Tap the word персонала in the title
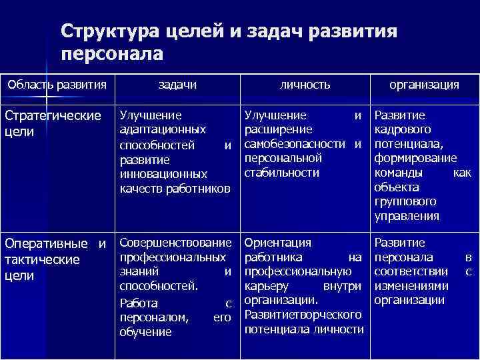111,54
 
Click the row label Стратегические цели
53,123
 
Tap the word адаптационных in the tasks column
163,129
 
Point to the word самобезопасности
297,144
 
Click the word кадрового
403,129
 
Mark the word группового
406,201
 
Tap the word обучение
146,331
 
